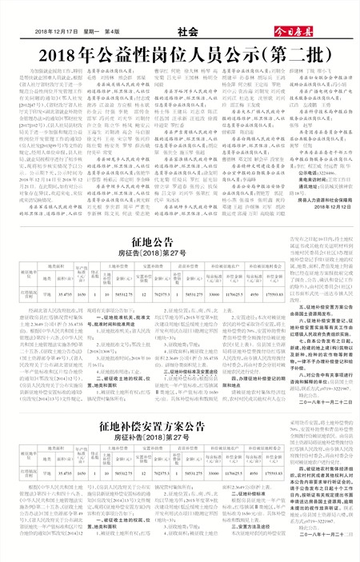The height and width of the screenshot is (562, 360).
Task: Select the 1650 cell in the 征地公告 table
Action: pyautogui.click(x=82, y=250)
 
